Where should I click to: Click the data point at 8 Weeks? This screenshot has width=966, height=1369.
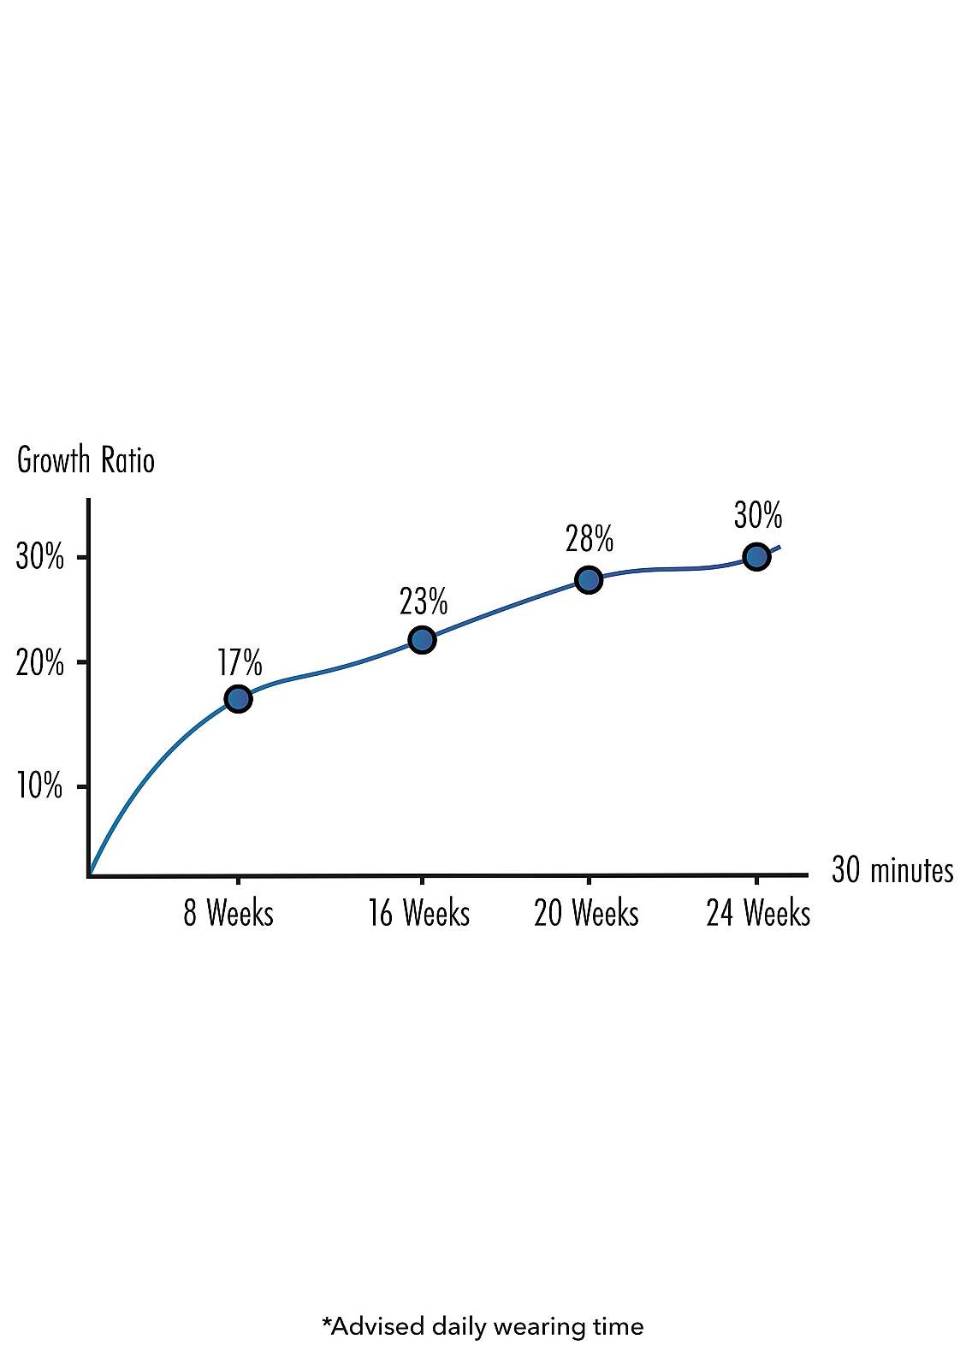tap(238, 699)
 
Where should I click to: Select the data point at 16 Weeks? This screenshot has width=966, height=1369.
tap(422, 639)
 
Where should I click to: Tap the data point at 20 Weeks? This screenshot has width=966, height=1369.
tap(589, 580)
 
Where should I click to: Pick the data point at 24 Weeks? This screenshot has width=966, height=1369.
tap(756, 557)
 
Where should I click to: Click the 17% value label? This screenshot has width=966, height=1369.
tap(240, 663)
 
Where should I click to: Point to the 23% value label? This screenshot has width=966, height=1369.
tap(424, 602)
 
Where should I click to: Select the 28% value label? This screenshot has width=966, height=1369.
tap(590, 540)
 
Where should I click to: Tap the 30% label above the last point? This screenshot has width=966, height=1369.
tap(758, 516)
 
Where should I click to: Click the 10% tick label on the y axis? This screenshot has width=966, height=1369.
tap(39, 785)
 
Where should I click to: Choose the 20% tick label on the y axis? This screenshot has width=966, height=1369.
tap(40, 663)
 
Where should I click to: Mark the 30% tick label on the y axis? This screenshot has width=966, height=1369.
tap(40, 558)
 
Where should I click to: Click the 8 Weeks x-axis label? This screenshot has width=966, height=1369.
tap(228, 914)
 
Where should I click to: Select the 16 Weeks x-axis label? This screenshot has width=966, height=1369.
tap(419, 914)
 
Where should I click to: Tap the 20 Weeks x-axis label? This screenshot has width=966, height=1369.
tap(587, 914)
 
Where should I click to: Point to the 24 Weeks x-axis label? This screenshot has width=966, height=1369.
tap(758, 914)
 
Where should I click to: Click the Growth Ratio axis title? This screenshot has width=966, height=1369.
tap(86, 460)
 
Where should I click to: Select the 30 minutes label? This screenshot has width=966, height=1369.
tap(892, 870)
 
